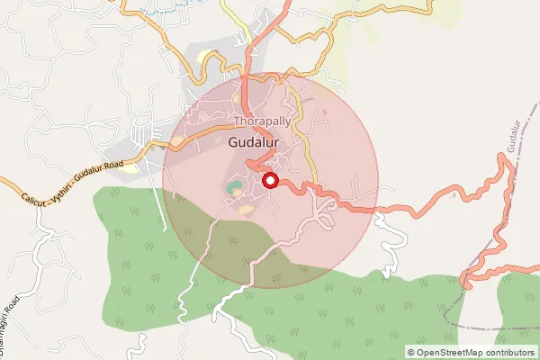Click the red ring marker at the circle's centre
269,180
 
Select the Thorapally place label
263,120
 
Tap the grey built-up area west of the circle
135,148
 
